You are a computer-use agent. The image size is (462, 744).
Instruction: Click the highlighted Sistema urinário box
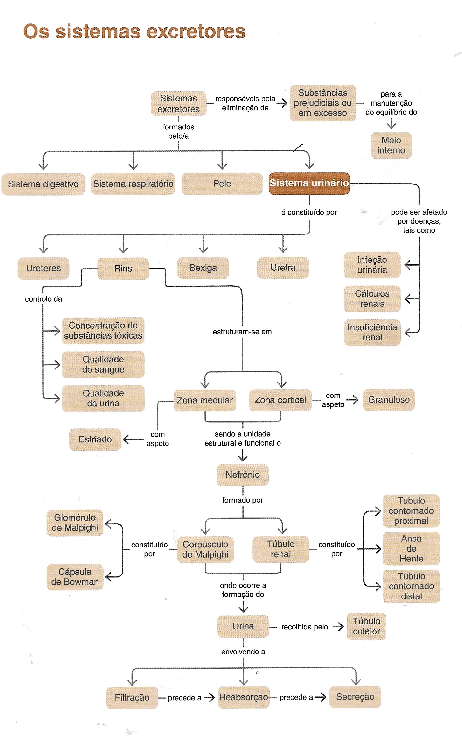[309, 183]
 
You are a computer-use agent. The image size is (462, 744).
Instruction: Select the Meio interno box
[391, 146]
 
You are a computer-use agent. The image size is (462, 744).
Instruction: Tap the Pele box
[222, 184]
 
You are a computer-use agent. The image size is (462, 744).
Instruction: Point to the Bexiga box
[203, 268]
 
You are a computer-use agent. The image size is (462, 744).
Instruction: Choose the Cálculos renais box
[372, 299]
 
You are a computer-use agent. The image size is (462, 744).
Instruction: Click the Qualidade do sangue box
[103, 364]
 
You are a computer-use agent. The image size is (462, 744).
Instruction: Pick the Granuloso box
[389, 399]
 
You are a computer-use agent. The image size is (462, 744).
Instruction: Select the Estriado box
[95, 439]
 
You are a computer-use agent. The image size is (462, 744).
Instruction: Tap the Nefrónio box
[243, 475]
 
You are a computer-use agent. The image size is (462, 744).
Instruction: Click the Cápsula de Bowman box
[75, 577]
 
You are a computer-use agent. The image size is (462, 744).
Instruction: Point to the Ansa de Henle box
[411, 548]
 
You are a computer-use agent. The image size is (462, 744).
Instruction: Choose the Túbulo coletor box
[366, 626]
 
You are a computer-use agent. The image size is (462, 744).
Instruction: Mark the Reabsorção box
[244, 697]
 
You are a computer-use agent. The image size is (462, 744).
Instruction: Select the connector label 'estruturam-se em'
[242, 332]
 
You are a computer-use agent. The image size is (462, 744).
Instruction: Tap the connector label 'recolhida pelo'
[305, 627]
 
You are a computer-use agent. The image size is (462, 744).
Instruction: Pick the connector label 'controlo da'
[43, 299]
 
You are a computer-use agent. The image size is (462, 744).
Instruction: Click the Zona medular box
[205, 400]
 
